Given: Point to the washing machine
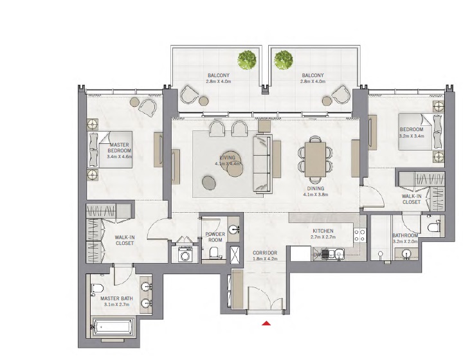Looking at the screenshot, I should (185, 255).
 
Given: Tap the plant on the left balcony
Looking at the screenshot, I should (246, 60).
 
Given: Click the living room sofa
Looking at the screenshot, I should (262, 163).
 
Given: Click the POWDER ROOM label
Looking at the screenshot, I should (214, 238).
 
